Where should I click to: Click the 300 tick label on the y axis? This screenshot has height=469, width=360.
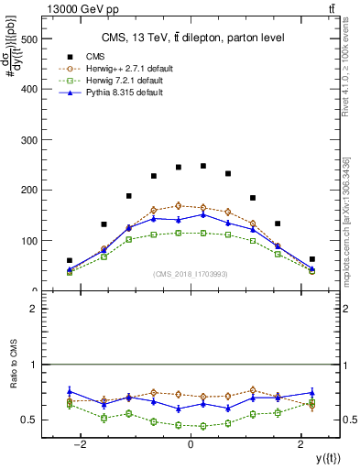click(x=30, y=140)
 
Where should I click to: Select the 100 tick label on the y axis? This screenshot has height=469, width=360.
click(x=30, y=241)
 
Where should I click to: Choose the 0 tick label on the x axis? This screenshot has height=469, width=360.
click(x=191, y=443)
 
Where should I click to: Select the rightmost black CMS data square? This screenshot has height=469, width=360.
click(x=311, y=259)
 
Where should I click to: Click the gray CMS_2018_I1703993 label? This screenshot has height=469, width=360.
click(x=191, y=274)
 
